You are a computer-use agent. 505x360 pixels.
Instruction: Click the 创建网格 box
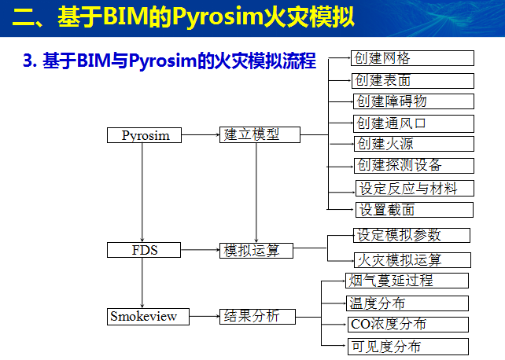(412, 58)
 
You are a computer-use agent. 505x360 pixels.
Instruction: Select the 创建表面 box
(412, 79)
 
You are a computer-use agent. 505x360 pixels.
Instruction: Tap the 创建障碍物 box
(412, 101)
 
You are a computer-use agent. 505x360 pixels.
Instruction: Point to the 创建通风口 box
(412, 123)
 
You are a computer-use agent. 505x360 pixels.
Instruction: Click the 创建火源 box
(412, 144)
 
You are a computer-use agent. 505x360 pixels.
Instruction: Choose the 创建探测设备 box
(412, 165)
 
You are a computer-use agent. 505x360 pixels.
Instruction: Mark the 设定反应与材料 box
(415, 188)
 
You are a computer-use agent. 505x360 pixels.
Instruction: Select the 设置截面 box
(415, 210)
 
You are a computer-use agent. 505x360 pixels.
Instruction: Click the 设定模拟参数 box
(410, 235)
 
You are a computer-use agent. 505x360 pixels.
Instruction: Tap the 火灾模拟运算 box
(410, 259)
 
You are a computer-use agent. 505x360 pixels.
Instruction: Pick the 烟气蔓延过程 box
(407, 280)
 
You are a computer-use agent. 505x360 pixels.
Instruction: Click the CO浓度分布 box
(407, 324)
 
